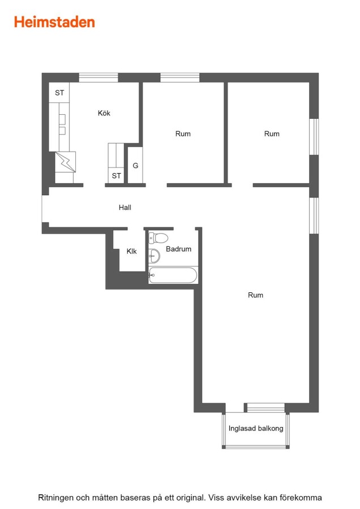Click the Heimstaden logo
tap(54, 22)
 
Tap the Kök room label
tap(104, 113)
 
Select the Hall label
tap(125, 208)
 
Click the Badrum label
tap(178, 249)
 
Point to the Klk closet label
tap(131, 251)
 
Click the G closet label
tap(135, 166)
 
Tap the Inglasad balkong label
tap(256, 429)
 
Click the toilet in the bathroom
tap(158, 238)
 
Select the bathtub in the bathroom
tap(173, 275)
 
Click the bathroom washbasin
tap(154, 256)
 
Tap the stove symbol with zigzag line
tap(65, 162)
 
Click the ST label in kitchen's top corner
tap(59, 93)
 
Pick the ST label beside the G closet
tap(116, 176)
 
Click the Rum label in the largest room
tap(255, 295)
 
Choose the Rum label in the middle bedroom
tap(183, 133)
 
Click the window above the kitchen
tap(98, 77)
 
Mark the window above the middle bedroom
tap(179, 77)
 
